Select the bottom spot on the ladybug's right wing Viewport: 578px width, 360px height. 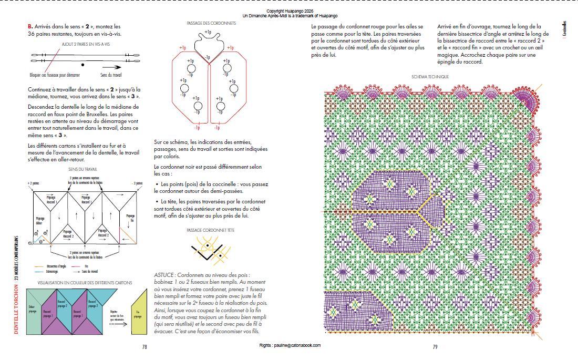tap(220, 107)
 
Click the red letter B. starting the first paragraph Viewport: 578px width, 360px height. tap(30, 26)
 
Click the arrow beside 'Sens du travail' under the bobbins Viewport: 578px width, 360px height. tap(111, 67)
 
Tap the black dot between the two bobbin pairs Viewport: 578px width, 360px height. tap(82, 64)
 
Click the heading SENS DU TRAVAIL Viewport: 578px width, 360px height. tap(82, 169)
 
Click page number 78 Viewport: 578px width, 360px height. tap(145, 347)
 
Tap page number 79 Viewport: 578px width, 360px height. tap(435, 347)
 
